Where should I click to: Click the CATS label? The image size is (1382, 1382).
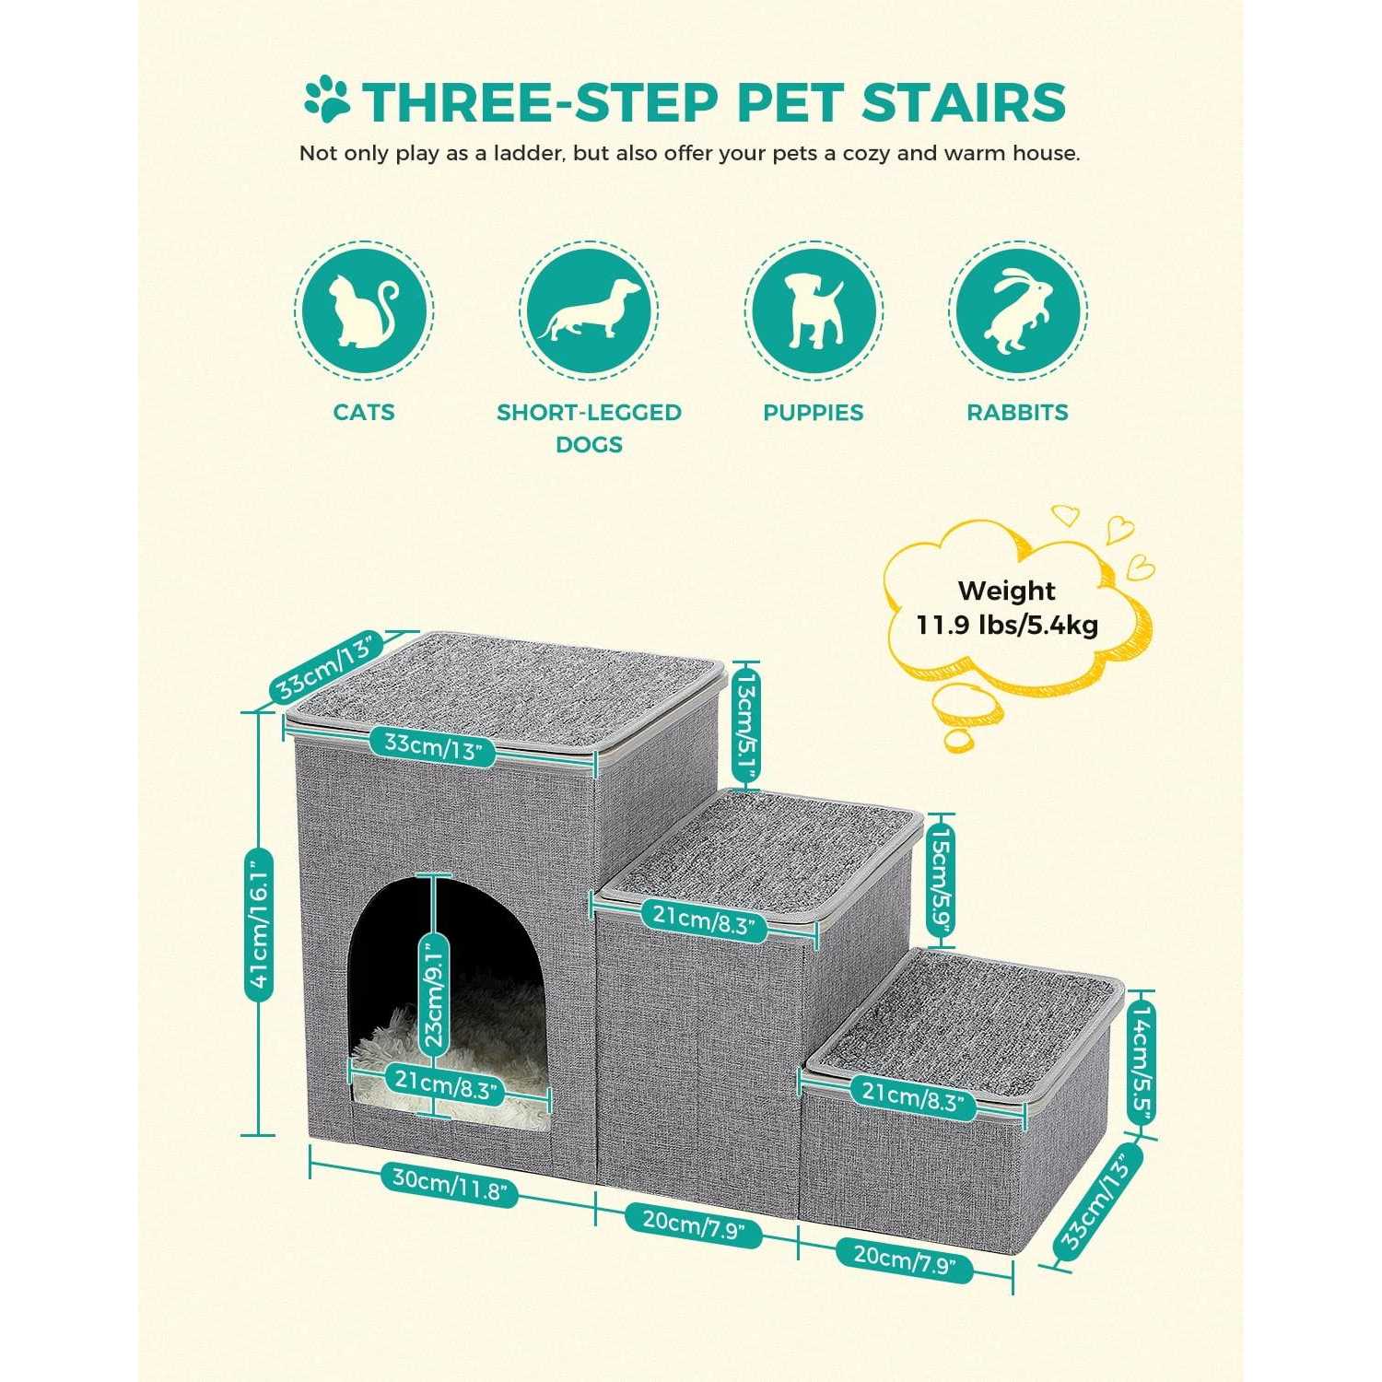364,412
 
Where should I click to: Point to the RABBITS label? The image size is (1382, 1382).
1017,412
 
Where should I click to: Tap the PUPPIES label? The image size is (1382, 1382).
813,412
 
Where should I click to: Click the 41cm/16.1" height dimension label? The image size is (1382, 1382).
259,922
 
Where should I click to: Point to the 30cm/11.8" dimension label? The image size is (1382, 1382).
450,1185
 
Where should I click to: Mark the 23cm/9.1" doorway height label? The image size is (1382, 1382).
433,994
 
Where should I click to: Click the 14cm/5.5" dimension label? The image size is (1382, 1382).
1142,1060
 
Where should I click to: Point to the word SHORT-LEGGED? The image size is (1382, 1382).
589,412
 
